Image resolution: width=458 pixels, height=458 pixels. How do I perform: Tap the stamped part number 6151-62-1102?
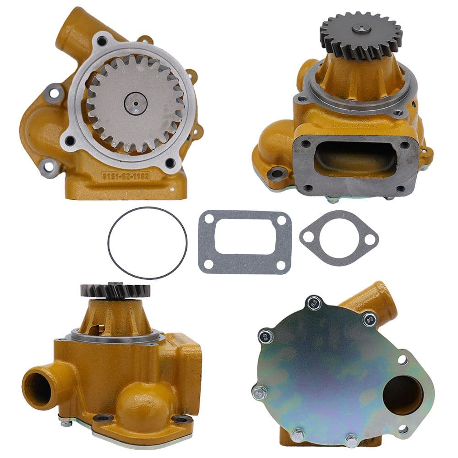[x=125, y=175]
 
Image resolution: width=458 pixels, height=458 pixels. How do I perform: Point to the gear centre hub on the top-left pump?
[x=135, y=104]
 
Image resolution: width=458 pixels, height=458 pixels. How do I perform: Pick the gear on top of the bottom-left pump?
[x=115, y=289]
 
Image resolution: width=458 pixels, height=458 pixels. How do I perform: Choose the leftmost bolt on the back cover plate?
[x=260, y=392]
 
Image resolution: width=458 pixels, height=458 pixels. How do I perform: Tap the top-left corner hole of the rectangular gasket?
[x=208, y=219]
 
